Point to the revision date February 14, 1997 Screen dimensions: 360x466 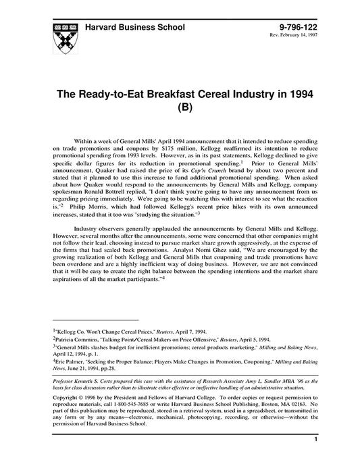(x=302, y=36)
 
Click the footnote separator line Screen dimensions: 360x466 (x=95, y=320)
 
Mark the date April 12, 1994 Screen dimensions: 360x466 (x=73, y=356)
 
